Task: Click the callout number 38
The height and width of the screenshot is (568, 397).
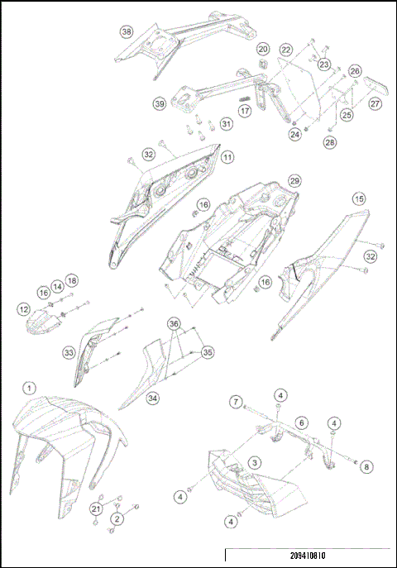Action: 127,32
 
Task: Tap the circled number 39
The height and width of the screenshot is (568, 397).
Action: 160,104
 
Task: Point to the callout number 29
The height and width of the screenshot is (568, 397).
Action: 294,180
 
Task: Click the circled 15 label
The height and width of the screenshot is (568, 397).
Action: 358,199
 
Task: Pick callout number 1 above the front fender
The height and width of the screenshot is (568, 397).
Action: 30,387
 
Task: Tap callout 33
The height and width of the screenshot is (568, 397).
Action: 69,351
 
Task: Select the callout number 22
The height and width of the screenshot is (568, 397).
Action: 285,50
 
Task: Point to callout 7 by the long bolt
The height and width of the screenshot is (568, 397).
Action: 236,402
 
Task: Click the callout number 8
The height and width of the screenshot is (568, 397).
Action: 366,467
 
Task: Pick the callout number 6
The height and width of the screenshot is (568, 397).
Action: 302,422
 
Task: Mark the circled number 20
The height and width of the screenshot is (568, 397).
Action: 263,50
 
